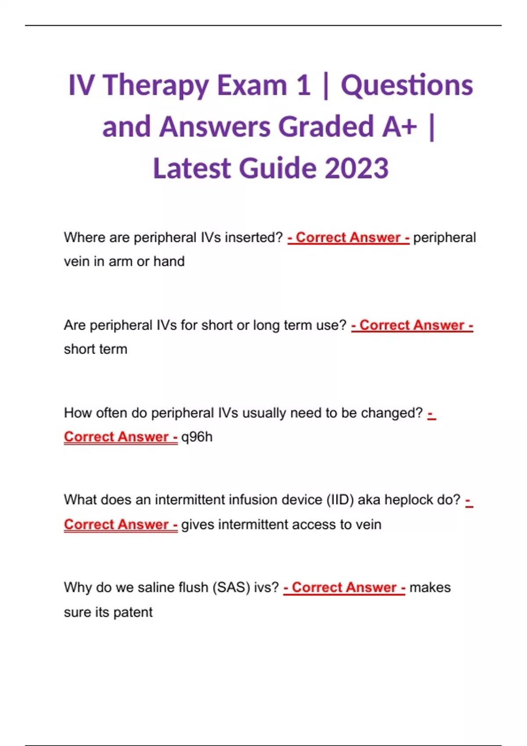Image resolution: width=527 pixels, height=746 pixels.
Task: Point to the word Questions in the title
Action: click(407, 86)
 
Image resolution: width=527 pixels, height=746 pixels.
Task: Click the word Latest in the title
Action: click(191, 168)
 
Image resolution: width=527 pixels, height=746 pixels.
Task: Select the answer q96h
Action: click(197, 437)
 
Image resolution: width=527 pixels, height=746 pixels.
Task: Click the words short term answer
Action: click(95, 349)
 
